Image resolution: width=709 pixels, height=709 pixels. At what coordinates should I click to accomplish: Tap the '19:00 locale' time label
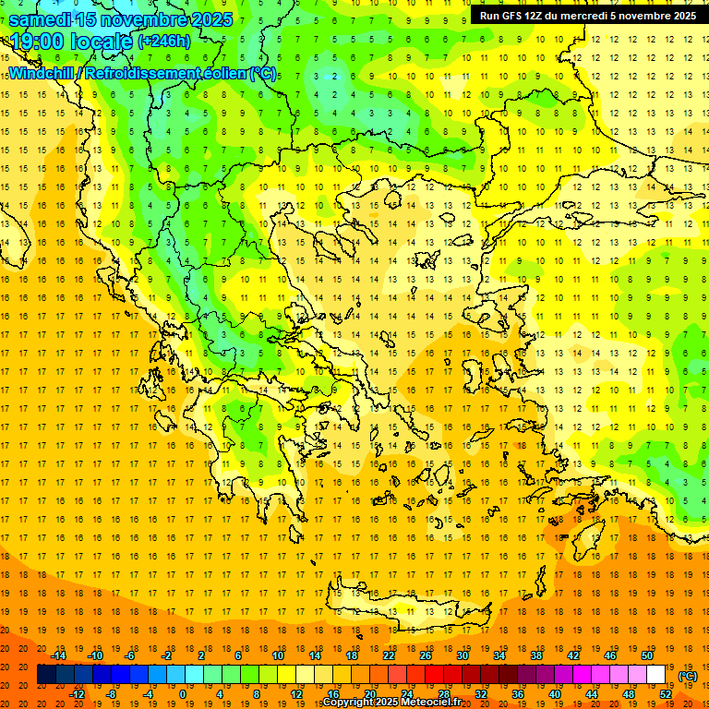point(71,41)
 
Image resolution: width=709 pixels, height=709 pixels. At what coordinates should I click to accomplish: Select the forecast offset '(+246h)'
point(164,41)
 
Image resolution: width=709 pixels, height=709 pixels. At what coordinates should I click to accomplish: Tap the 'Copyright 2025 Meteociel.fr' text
point(391,703)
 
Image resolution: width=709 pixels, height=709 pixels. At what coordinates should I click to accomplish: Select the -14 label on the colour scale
point(59,655)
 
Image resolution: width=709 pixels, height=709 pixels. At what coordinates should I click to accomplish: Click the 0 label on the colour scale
point(184,693)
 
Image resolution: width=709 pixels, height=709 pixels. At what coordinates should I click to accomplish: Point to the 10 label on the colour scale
point(277,655)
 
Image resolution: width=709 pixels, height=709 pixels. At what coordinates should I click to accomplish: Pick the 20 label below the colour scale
point(369,693)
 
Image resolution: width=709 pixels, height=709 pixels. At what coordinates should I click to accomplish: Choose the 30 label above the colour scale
point(463,655)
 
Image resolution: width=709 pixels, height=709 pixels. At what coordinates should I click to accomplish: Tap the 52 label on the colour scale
point(666,693)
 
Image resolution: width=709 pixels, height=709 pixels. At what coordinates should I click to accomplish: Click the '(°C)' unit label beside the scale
point(688,675)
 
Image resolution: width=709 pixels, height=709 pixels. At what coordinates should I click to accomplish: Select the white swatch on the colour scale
point(656,675)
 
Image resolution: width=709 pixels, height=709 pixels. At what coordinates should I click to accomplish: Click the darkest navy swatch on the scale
point(46,675)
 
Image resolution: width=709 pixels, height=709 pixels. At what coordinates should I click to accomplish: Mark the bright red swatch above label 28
point(435,675)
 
